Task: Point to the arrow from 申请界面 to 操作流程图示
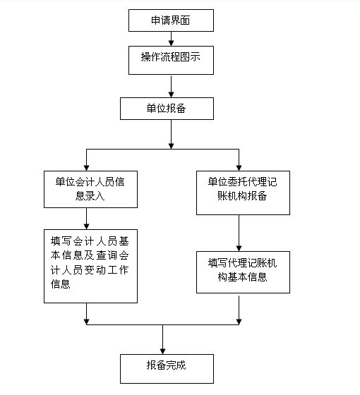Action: click(x=171, y=39)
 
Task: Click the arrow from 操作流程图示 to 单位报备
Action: click(x=171, y=87)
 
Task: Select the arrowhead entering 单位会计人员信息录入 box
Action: click(x=86, y=168)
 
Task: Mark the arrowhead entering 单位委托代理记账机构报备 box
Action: click(x=239, y=168)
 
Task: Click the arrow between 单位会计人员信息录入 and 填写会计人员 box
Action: click(x=86, y=219)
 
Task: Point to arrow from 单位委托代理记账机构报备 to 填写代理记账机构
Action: click(x=239, y=233)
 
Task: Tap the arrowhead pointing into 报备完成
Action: click(x=162, y=351)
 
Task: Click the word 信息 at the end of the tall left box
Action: click(x=61, y=284)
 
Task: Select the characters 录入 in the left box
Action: click(x=95, y=196)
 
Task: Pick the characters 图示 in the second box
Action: click(x=191, y=57)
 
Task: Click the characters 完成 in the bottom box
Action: click(x=176, y=365)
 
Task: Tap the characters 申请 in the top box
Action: click(x=161, y=20)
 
